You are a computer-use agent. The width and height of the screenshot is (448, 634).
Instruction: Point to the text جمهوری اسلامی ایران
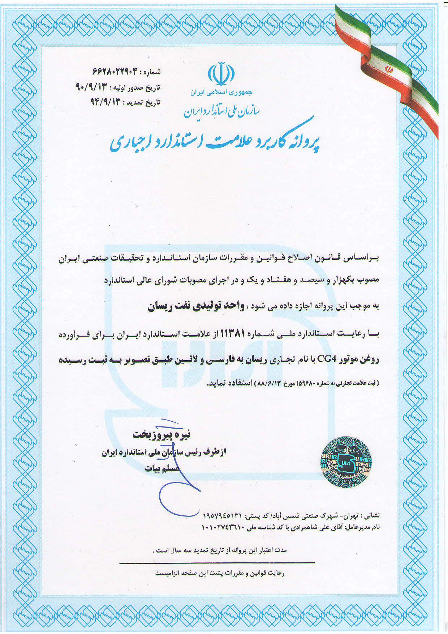tap(221, 92)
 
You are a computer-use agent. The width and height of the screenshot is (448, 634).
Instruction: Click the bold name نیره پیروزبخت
tap(161, 434)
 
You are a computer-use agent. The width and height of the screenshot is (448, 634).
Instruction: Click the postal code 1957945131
tap(222, 514)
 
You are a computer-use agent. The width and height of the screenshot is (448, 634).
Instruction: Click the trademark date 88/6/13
tap(268, 383)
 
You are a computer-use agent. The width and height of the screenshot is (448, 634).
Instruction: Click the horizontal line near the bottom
tap(217, 562)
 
